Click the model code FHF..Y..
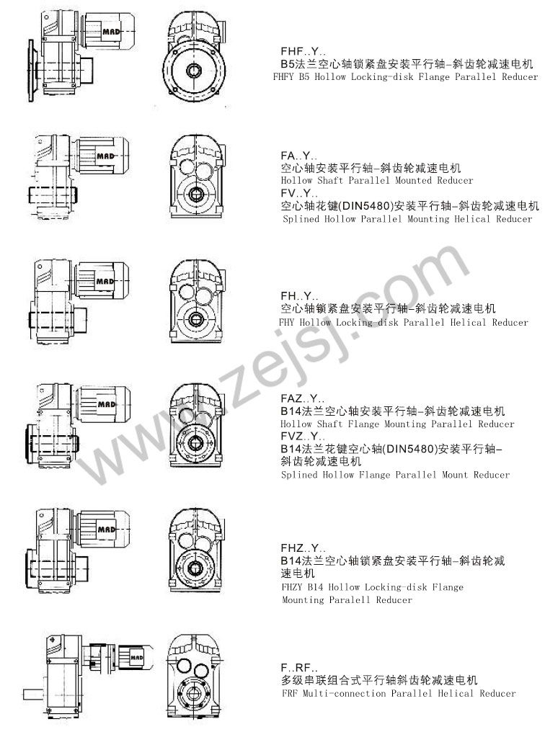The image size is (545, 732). (x=303, y=51)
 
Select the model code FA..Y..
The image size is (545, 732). (x=299, y=156)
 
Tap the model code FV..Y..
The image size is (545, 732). (x=299, y=193)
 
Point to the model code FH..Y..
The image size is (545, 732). (x=299, y=296)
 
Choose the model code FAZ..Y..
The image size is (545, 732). (x=303, y=398)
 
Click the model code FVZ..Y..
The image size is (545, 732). (x=303, y=437)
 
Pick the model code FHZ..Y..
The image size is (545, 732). (x=303, y=548)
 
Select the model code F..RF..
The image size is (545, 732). (x=299, y=668)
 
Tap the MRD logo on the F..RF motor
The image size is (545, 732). (x=136, y=657)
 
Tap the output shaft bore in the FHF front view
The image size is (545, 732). (x=193, y=71)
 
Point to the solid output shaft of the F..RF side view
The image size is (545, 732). (x=35, y=695)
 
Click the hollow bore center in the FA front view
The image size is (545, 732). (x=195, y=193)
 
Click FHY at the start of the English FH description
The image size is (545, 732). (x=286, y=322)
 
